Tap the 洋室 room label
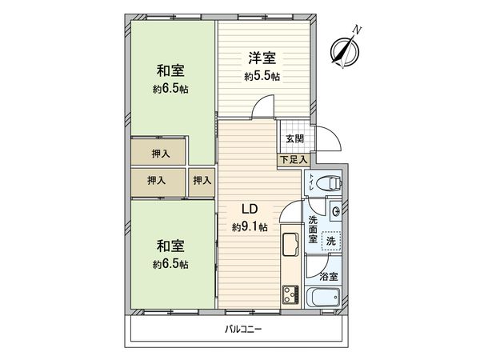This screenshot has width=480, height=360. click(262, 58)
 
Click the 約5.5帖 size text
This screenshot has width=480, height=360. click(262, 77)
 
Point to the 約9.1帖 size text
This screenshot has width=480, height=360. click(250, 228)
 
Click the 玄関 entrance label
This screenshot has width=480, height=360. click(294, 138)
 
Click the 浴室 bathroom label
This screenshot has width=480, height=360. click(328, 276)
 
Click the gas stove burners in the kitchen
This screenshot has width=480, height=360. click(287, 296)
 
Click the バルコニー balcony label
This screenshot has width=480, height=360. click(240, 330)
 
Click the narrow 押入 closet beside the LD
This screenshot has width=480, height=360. click(202, 182)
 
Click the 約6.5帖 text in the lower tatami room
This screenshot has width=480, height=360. click(171, 264)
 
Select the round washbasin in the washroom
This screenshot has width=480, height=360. click(336, 211)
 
